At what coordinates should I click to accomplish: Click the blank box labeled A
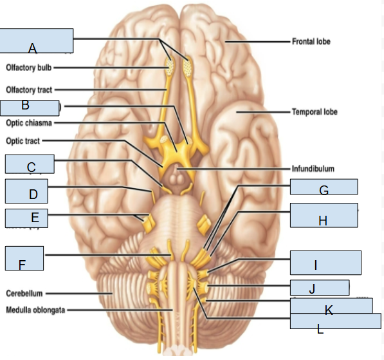point(37,41)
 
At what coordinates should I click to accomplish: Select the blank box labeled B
point(30,107)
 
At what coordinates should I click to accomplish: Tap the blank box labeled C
point(29,164)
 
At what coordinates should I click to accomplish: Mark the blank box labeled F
point(24,258)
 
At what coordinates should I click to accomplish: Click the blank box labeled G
point(323,187)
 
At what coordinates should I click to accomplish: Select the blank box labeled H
point(323,215)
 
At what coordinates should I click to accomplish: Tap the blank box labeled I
point(324,263)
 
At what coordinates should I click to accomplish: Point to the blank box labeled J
point(319,287)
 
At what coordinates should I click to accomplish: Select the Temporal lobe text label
point(315,112)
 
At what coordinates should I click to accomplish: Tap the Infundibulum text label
point(313,169)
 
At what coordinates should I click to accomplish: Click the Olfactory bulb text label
point(29,67)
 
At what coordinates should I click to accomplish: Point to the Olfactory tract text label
point(29,90)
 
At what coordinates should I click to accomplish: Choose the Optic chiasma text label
point(29,122)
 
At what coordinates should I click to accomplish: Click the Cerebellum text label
point(24,293)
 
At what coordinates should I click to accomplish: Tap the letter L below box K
point(320,330)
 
